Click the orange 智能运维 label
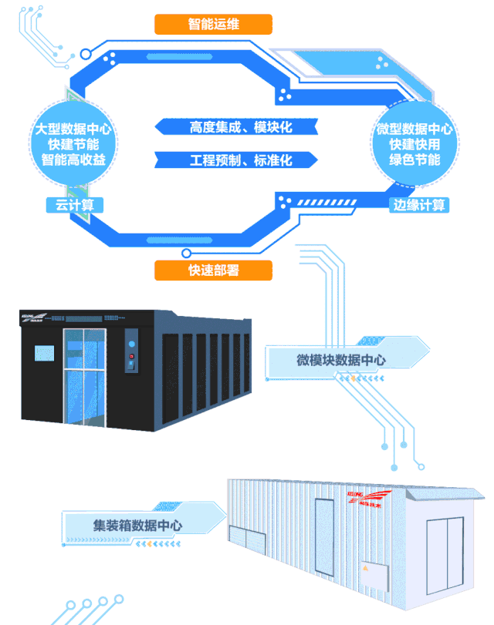point(214,24)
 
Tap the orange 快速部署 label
point(214,270)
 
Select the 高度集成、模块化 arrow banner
point(235,126)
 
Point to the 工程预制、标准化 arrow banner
point(235,160)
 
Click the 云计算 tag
point(74,205)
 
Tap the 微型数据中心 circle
point(414,143)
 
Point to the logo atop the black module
point(35,317)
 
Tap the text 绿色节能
point(414,160)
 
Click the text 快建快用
point(414,144)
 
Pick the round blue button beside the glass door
point(131,343)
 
